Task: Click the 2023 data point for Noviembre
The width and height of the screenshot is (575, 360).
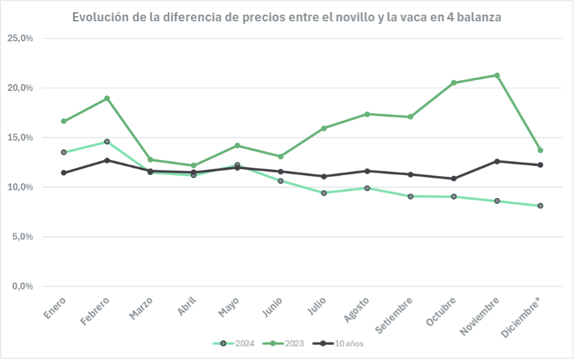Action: coord(497,75)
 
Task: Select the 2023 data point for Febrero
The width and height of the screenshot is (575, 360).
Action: coord(106,99)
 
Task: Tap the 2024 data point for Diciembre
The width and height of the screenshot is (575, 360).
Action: coord(540,206)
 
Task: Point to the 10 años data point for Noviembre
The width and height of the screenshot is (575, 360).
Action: coord(497,161)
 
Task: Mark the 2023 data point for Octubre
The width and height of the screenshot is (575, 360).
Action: coord(454,83)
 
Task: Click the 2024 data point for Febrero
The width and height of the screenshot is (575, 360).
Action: coord(106,141)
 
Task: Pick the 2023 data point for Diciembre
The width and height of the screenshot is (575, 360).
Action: coord(540,150)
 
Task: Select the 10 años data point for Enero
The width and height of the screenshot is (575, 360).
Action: coord(63,173)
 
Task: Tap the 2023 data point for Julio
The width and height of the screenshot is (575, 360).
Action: coord(323,128)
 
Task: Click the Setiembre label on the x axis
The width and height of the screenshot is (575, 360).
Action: coord(395,315)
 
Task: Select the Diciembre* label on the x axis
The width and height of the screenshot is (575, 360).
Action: coord(524,316)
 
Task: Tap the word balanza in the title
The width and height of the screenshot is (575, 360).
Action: coord(478,17)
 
